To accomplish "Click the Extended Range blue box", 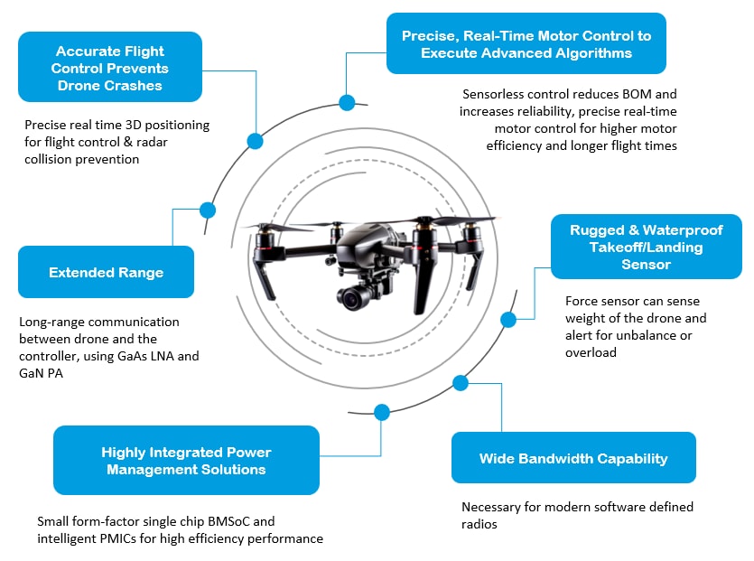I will (x=106, y=272).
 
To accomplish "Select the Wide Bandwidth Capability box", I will (x=573, y=458).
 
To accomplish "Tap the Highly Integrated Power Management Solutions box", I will (x=186, y=461).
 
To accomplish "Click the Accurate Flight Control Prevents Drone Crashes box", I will (x=109, y=69).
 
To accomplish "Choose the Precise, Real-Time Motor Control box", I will (x=526, y=44).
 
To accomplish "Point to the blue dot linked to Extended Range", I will (x=208, y=210).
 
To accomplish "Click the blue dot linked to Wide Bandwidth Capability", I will (x=461, y=383).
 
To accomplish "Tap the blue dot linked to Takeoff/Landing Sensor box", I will (x=508, y=319).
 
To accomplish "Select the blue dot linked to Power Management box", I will (x=382, y=412).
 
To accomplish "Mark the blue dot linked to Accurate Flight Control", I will (x=255, y=141).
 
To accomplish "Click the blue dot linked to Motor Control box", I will (x=345, y=102).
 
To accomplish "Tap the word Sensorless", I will (x=495, y=94).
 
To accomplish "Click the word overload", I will (x=591, y=352).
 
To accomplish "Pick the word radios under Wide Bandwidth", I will (x=479, y=524).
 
